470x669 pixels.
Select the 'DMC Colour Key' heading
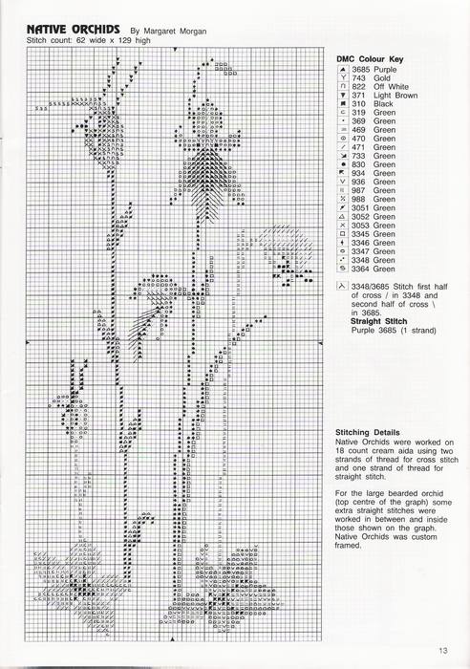pyautogui.click(x=370, y=59)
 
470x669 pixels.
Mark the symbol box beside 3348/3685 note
pyautogui.click(x=341, y=285)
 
